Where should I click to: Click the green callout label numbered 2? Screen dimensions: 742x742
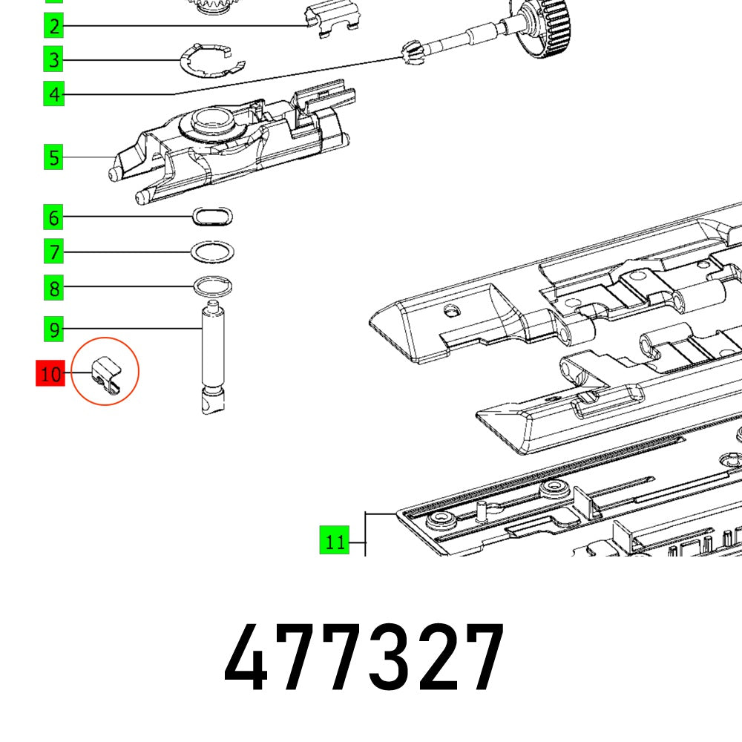click(x=53, y=27)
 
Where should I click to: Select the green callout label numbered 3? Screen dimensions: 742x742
click(x=53, y=59)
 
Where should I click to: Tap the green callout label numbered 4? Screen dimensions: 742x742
click(x=53, y=94)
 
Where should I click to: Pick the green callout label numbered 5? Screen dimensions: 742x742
click(x=53, y=157)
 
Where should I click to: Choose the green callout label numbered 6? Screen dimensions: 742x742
click(x=53, y=218)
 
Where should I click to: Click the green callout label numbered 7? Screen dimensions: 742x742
click(x=53, y=252)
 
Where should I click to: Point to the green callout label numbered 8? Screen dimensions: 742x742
click(x=53, y=287)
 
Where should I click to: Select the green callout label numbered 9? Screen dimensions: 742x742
click(x=53, y=328)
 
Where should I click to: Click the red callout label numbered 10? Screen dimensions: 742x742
click(x=50, y=374)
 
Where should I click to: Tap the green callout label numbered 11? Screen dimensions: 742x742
click(x=335, y=542)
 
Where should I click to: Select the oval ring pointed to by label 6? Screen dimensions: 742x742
click(x=212, y=216)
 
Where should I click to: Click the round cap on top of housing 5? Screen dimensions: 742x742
click(x=212, y=121)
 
